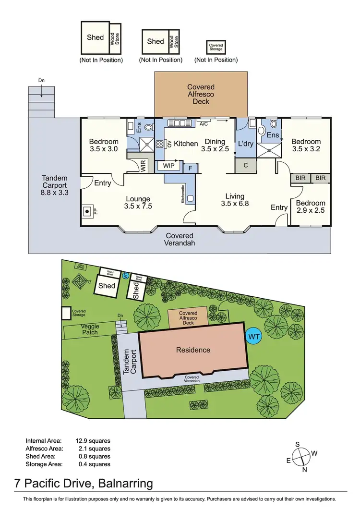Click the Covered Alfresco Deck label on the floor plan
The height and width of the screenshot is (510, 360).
(201, 95)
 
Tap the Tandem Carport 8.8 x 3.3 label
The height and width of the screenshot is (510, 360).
(54, 186)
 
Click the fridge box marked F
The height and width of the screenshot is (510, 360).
(191, 168)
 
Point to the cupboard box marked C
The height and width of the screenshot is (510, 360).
(245, 165)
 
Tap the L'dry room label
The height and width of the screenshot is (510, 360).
(245, 144)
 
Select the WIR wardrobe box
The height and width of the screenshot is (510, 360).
(143, 165)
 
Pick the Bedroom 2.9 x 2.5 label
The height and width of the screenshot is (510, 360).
(311, 207)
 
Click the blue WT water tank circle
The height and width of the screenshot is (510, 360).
(254, 337)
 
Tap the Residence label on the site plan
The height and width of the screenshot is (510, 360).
(193, 350)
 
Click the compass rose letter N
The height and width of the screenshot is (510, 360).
(304, 470)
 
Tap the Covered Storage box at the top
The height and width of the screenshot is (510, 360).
(216, 47)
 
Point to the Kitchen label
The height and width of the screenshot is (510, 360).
(186, 144)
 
